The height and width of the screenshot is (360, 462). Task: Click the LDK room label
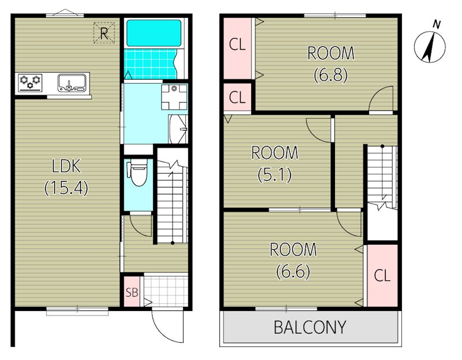click(x=66, y=166)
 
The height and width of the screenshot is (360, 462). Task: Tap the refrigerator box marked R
click(x=104, y=33)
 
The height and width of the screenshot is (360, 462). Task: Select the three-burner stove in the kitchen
click(x=30, y=82)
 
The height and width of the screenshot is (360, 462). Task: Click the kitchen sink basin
click(x=72, y=82)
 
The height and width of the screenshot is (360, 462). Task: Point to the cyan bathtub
click(x=154, y=33)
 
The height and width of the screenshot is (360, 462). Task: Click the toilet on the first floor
click(x=137, y=174)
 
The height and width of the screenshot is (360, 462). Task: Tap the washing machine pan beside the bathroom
click(x=174, y=97)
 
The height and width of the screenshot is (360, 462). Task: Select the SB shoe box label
click(x=132, y=292)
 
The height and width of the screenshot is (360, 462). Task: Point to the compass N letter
click(x=437, y=25)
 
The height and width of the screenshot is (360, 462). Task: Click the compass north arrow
click(x=429, y=47)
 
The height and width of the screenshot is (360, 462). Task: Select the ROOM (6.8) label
click(x=330, y=64)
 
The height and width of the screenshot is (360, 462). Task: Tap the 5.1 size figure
click(x=275, y=175)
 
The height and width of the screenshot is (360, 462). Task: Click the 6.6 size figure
click(x=293, y=272)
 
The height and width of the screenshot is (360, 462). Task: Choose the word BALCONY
click(x=310, y=327)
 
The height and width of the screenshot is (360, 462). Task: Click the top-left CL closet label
click(x=237, y=45)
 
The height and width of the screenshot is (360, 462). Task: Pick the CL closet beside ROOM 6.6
click(x=382, y=276)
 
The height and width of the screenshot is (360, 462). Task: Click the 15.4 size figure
click(x=66, y=188)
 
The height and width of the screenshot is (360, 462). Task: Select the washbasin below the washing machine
click(x=178, y=129)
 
